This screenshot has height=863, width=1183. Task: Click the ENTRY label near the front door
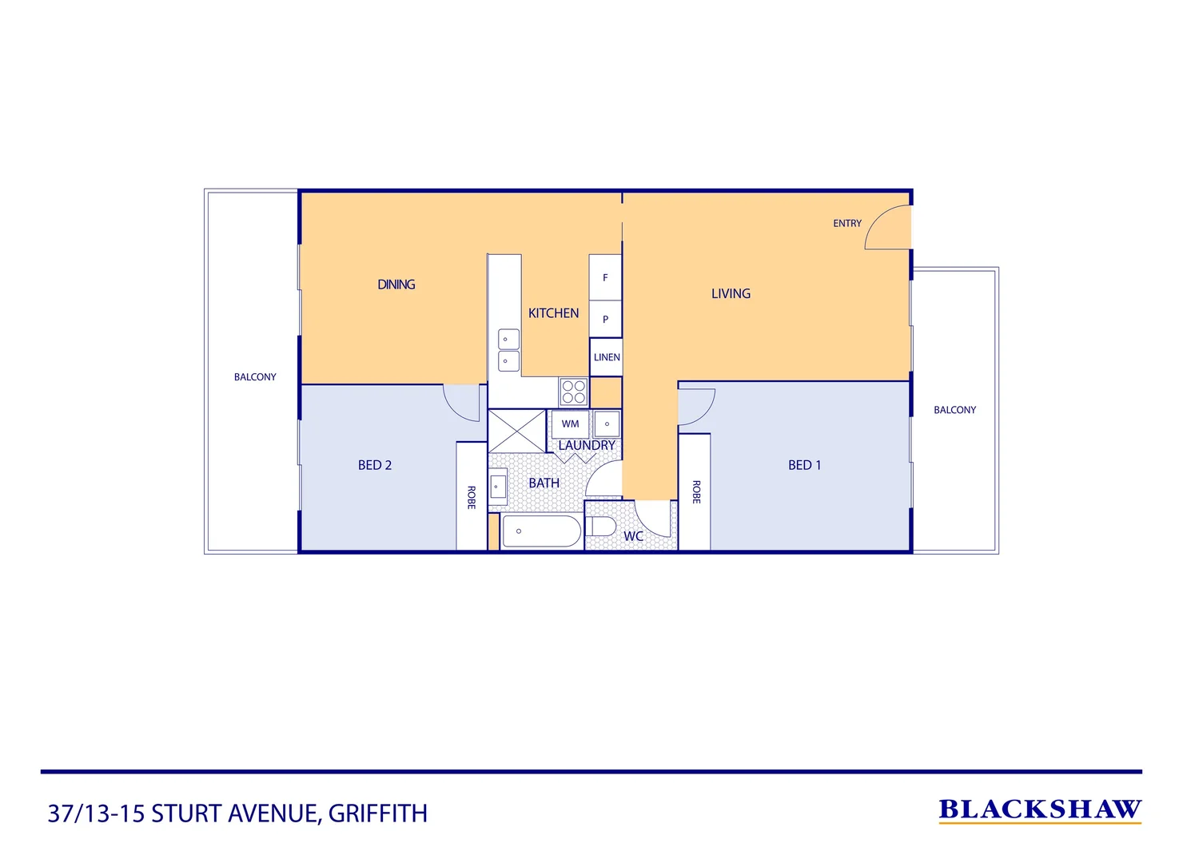(846, 224)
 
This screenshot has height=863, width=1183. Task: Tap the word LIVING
(731, 293)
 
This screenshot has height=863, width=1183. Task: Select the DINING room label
(396, 284)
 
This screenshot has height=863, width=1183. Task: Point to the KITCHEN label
(553, 313)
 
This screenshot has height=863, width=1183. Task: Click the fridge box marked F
(605, 277)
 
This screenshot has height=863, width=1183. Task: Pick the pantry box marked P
(605, 319)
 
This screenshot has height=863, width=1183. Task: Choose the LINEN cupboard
(607, 357)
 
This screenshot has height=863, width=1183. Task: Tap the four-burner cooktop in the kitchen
(573, 392)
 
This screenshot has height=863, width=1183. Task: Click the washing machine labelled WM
(570, 424)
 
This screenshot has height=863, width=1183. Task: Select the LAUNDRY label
(587, 445)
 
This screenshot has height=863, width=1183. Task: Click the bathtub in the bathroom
(541, 531)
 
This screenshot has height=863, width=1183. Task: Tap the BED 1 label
(804, 465)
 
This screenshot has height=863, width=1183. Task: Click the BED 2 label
(374, 465)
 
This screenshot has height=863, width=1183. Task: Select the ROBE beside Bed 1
(695, 491)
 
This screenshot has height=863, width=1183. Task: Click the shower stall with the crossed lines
(516, 431)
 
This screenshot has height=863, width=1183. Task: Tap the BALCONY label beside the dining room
(255, 377)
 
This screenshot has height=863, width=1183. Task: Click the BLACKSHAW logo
(1039, 810)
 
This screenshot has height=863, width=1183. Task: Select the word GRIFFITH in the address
(377, 813)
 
